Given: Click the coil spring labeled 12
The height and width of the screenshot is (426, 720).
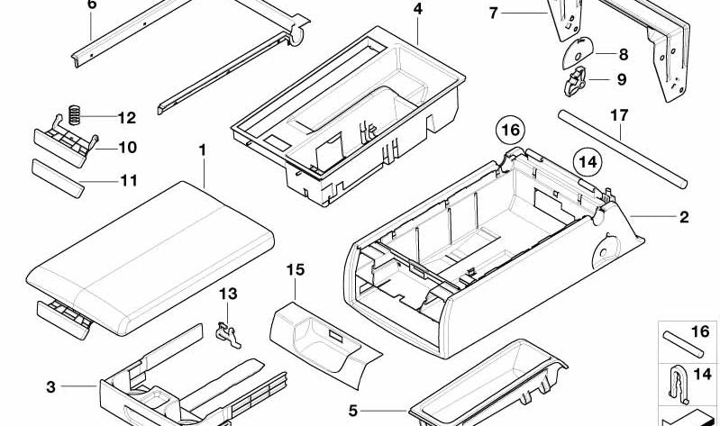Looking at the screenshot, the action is coord(75,114).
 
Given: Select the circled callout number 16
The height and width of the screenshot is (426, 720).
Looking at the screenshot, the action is coord(510,131).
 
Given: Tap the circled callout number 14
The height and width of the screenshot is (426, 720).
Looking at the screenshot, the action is coord(588,162).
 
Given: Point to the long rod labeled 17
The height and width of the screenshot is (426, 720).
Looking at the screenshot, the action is coord(622,149).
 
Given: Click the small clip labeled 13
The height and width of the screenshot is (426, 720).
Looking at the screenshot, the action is coord(228,335).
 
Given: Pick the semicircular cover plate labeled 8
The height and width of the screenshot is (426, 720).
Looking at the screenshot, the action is coord(578,52).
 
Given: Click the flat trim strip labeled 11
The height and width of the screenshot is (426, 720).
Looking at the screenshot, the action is coord(58,178).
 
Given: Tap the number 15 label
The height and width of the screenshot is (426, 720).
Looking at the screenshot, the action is coord(296,270).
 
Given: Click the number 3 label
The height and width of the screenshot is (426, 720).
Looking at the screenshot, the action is coord(50,387).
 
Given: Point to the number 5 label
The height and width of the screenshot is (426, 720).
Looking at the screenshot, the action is coord(352,411).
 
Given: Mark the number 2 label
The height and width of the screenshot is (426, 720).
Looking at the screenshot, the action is coord(684,217).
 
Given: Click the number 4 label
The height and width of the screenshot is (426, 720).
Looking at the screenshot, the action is coord(417,9).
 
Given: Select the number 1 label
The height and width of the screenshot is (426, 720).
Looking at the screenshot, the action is coord(202,150).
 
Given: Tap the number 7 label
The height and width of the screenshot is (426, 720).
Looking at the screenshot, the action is coord(493,14).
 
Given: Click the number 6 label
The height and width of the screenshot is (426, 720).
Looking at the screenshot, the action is coord(92,5).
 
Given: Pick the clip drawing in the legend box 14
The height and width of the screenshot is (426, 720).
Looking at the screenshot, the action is coord(679,386).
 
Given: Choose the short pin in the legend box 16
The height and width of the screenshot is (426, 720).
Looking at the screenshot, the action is coord(683,344).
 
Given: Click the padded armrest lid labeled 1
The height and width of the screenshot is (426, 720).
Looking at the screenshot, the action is coord(150,258).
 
